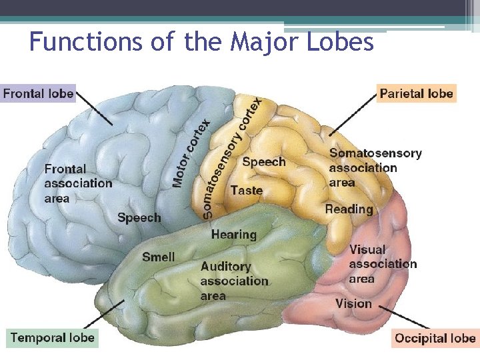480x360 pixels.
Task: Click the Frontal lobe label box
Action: [38, 93]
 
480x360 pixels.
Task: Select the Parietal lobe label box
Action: [416, 93]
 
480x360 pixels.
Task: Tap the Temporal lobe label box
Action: [53, 337]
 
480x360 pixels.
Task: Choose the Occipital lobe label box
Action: [435, 338]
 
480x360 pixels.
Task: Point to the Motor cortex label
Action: [192, 153]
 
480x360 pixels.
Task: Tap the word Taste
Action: [246, 191]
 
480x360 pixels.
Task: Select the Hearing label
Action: [233, 235]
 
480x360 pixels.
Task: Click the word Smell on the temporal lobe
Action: [159, 257]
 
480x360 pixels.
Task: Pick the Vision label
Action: [353, 304]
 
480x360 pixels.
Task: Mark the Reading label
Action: [349, 209]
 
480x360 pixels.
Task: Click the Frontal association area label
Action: [78, 183]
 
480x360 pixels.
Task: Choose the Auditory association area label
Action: [234, 281]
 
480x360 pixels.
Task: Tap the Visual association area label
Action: [382, 264]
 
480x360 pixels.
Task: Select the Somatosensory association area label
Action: [375, 167]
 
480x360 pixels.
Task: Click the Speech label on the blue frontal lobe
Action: [139, 218]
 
